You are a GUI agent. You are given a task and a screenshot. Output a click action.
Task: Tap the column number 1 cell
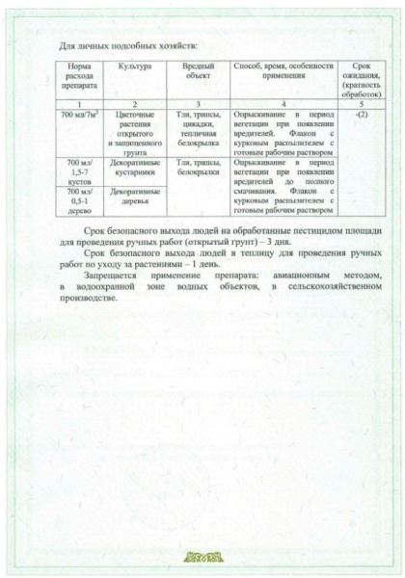(x=76, y=103)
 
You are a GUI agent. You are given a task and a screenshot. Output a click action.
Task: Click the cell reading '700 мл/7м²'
(x=76, y=114)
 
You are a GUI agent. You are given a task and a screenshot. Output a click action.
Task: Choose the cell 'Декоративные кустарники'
(x=135, y=169)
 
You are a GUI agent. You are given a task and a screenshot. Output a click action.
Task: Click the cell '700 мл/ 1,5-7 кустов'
(x=76, y=172)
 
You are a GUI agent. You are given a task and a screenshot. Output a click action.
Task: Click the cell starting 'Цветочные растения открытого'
(x=135, y=130)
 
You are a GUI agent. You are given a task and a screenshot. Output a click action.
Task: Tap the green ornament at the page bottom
(x=202, y=557)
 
